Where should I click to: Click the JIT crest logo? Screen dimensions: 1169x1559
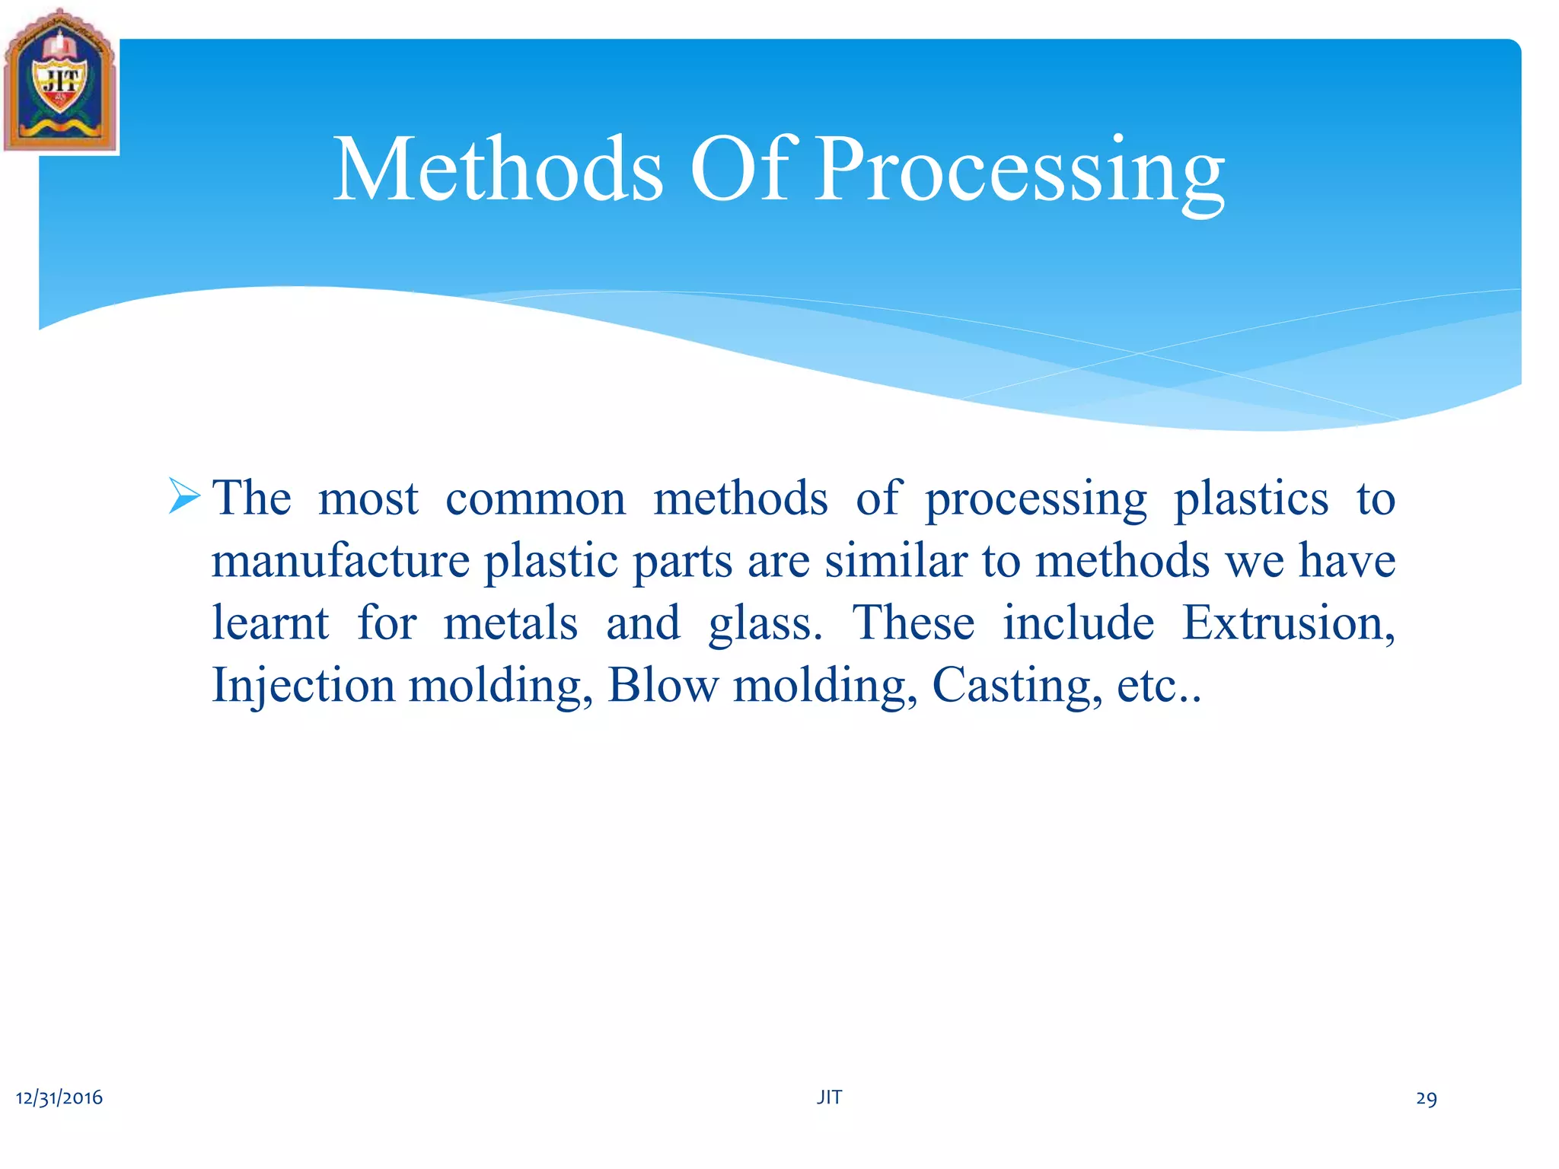[60, 81]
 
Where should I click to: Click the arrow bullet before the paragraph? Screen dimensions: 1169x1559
[184, 496]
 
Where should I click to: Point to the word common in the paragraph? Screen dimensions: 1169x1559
[535, 499]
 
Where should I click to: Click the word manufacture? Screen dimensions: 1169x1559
[340, 562]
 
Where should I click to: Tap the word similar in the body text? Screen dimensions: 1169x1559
[896, 562]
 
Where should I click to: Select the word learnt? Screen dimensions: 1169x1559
[270, 623]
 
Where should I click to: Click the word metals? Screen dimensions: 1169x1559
[510, 623]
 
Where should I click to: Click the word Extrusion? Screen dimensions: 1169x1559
[1287, 623]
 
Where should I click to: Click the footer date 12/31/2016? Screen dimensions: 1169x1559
[59, 1097]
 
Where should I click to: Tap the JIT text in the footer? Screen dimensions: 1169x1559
[829, 1097]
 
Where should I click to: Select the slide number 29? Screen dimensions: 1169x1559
[1426, 1098]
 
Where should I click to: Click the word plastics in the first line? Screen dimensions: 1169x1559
[1251, 499]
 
